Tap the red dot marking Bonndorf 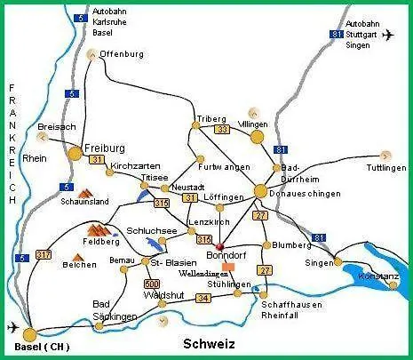pyautogui.click(x=218, y=248)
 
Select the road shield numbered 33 pyautogui.click(x=223, y=130)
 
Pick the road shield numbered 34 pyautogui.click(x=204, y=298)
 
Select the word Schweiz pyautogui.click(x=208, y=343)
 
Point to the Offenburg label pyautogui.click(x=122, y=54)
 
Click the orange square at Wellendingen pyautogui.click(x=228, y=266)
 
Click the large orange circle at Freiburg pyautogui.click(x=75, y=154)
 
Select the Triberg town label pyautogui.click(x=212, y=118)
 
